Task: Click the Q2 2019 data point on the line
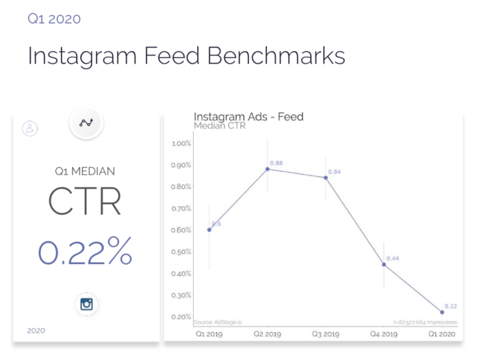click(268, 168)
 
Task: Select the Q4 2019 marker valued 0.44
click(384, 264)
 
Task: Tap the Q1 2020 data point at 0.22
click(442, 312)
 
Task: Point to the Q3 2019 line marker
click(326, 177)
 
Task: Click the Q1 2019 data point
click(209, 229)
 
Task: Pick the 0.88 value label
click(276, 162)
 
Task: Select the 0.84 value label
click(335, 171)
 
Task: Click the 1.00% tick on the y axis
click(181, 143)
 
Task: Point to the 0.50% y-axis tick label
click(181, 252)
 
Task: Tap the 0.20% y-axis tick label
click(181, 317)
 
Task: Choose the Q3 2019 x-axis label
click(326, 335)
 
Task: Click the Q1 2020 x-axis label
click(442, 335)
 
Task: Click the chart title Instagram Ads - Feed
click(248, 116)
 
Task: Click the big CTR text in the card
click(86, 201)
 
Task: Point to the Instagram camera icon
click(86, 304)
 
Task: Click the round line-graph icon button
click(86, 123)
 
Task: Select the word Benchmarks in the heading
click(279, 55)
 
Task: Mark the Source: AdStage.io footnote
click(215, 322)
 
